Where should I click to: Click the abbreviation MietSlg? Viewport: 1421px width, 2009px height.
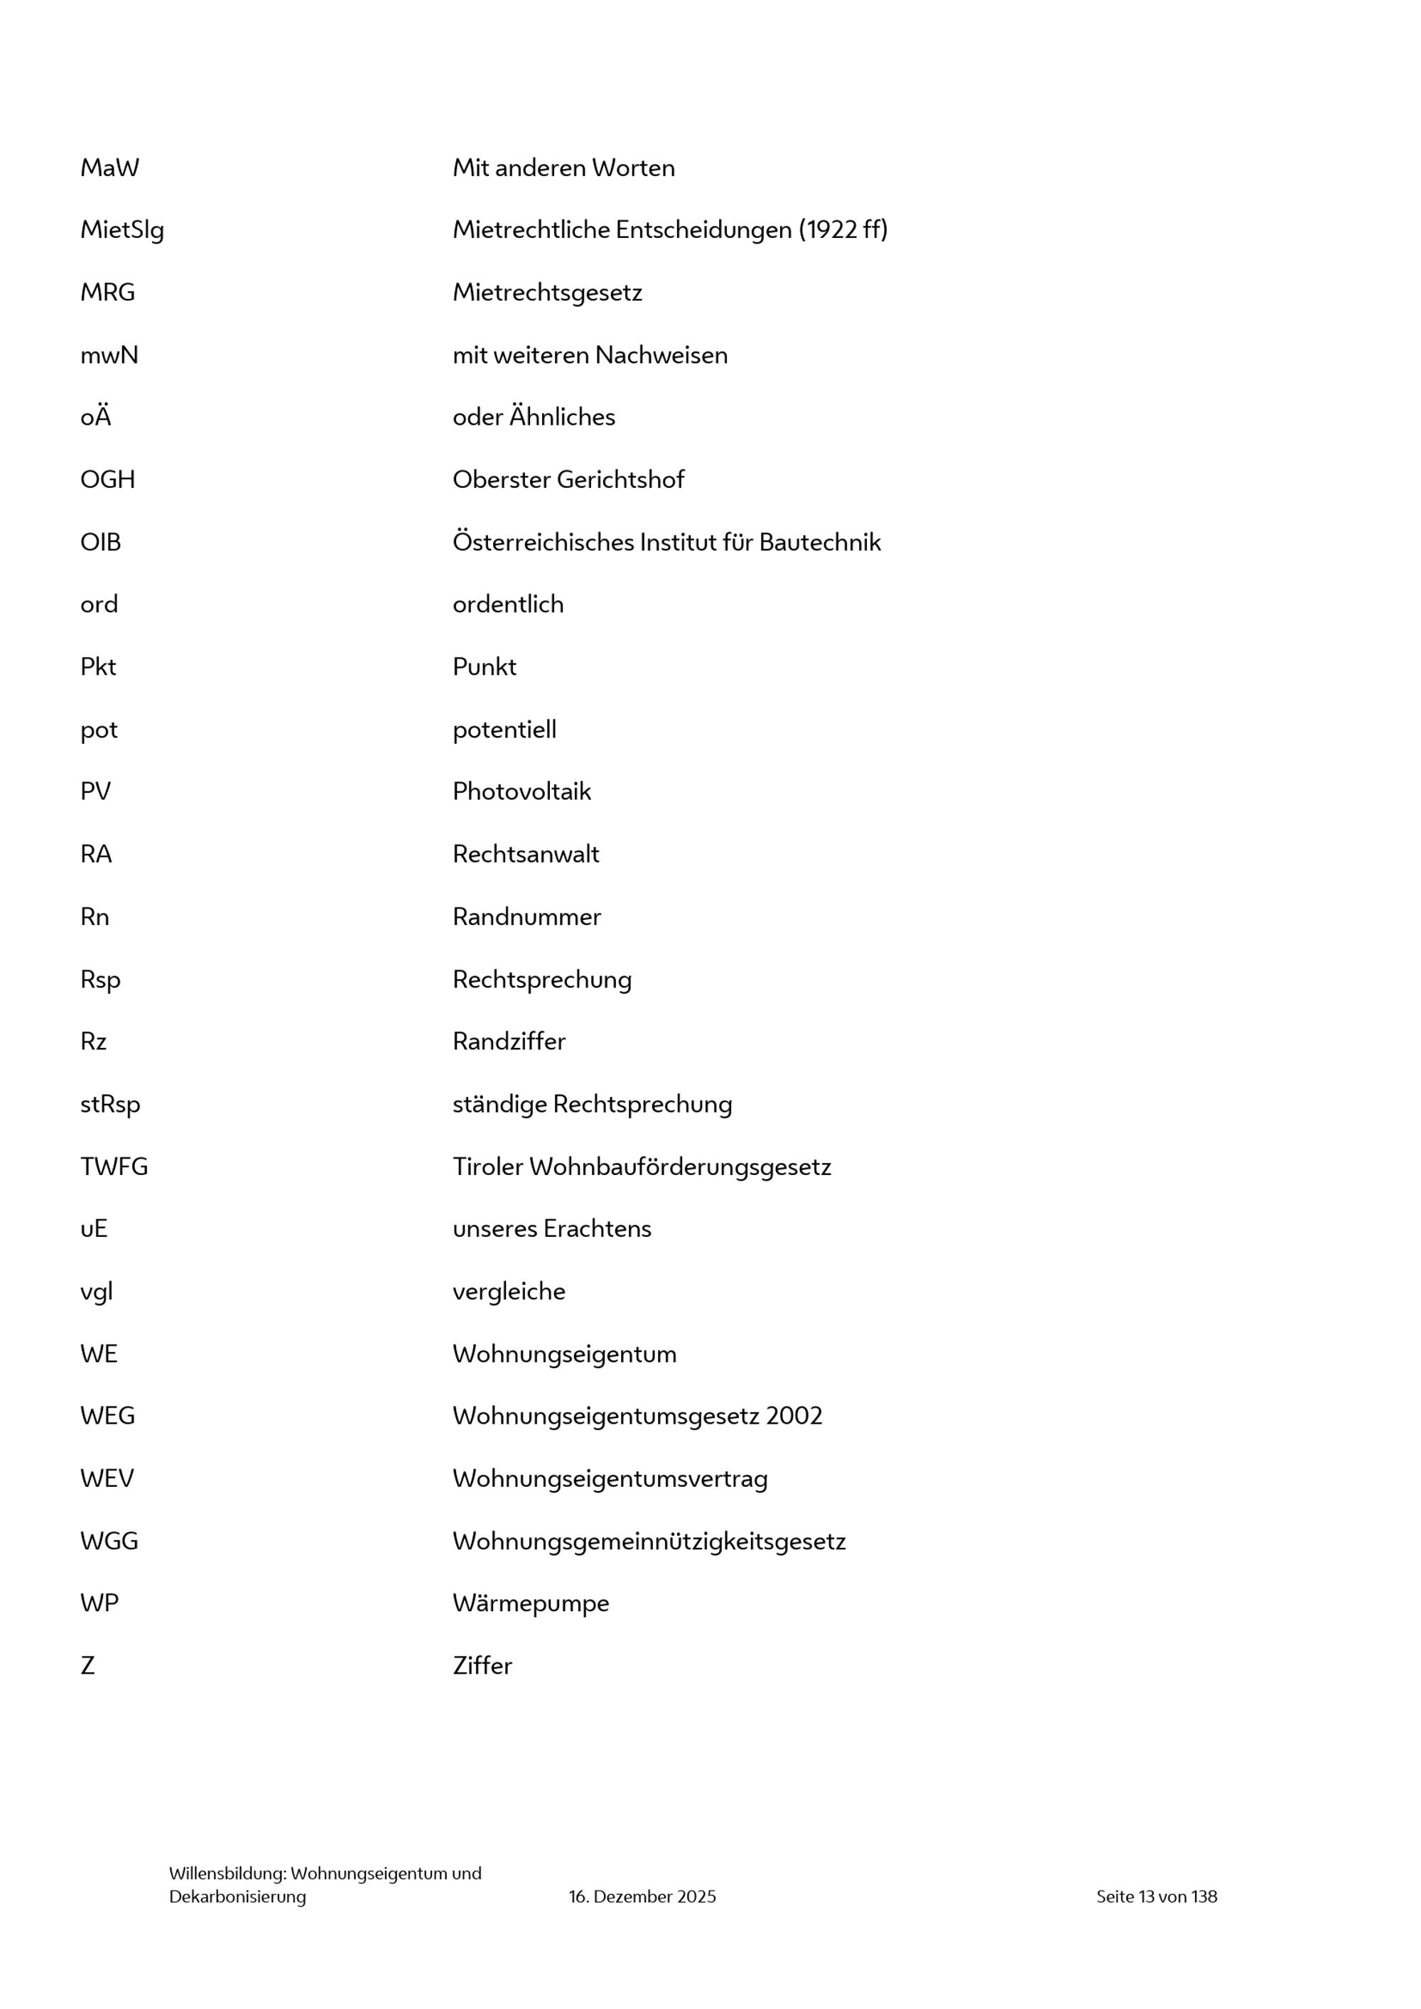coord(121,230)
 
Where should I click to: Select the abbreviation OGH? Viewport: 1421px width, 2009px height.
coord(107,480)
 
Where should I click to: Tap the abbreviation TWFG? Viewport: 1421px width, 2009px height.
coord(114,1166)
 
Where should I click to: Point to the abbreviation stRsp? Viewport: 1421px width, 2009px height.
coord(110,1104)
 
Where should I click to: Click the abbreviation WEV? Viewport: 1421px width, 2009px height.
coord(107,1479)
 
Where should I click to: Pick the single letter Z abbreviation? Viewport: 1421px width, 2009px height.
coord(87,1666)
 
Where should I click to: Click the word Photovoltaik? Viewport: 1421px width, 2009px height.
coord(522,792)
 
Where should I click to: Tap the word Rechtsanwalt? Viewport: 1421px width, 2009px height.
coord(526,854)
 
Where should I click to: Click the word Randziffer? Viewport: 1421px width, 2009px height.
coord(509,1041)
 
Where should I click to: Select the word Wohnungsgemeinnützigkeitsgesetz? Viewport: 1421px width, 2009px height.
coord(649,1542)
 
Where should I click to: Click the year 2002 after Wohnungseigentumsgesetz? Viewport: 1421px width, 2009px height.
coord(794,1416)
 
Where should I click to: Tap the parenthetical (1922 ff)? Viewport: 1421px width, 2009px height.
coord(843,230)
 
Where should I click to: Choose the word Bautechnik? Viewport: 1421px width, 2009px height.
coord(820,543)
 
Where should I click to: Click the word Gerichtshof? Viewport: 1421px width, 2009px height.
coord(620,480)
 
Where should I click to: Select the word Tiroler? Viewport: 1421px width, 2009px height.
coord(487,1166)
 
